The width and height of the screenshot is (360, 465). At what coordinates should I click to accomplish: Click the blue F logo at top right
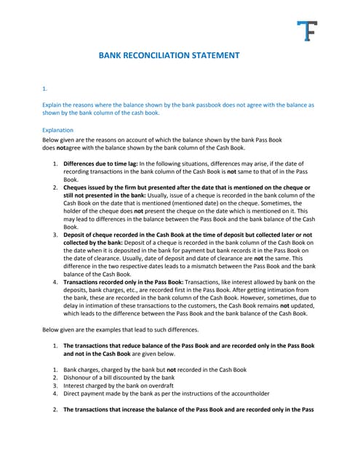pyautogui.click(x=307, y=31)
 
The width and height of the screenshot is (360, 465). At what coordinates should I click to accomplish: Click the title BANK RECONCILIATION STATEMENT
pyautogui.click(x=169, y=54)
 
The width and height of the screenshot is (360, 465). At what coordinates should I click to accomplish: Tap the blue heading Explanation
pyautogui.click(x=58, y=130)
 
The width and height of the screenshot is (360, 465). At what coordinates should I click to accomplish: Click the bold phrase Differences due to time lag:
pyautogui.click(x=100, y=163)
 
